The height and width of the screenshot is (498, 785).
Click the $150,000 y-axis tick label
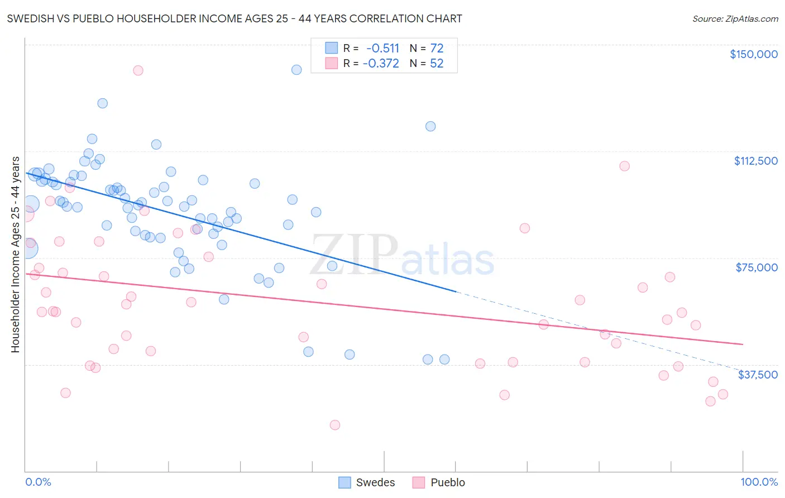[x=753, y=54]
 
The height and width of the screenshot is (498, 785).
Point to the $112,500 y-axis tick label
[x=755, y=161]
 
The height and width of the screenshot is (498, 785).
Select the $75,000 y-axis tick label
[x=757, y=267]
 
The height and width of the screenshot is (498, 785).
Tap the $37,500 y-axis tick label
[x=757, y=375]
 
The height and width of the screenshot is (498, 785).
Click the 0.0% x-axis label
[x=38, y=482]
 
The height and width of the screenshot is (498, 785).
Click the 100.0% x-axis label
[x=759, y=482]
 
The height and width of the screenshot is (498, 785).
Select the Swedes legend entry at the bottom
[x=367, y=482]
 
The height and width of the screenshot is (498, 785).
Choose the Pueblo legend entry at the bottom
[x=439, y=482]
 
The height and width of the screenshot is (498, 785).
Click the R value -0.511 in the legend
[x=382, y=48]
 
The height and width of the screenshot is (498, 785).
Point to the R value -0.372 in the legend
[x=381, y=64]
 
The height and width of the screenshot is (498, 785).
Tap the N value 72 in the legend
[x=437, y=48]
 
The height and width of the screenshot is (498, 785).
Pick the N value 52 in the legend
[x=437, y=64]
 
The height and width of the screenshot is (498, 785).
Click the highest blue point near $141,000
[x=296, y=70]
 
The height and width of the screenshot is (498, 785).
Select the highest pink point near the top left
[x=138, y=70]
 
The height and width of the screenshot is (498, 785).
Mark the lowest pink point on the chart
[x=335, y=425]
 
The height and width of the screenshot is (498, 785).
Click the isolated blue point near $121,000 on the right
[x=430, y=126]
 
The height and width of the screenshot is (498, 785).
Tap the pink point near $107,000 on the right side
[x=625, y=166]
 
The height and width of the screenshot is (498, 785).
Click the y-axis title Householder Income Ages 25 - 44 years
[x=15, y=255]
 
